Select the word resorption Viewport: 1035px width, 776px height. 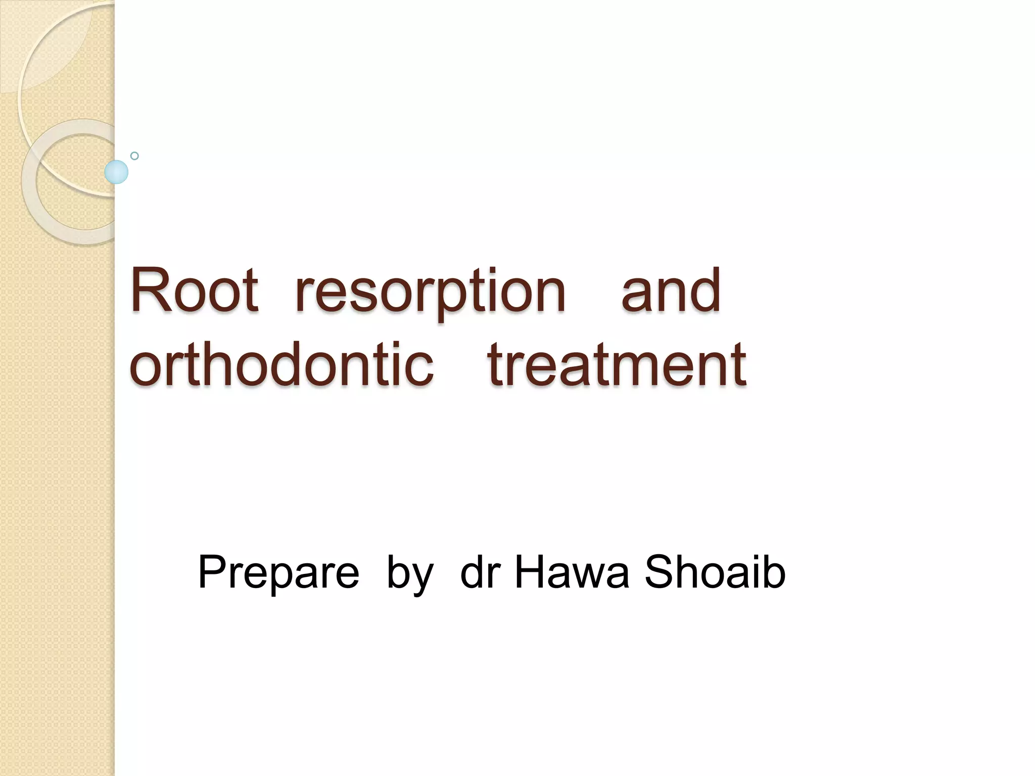[x=430, y=293]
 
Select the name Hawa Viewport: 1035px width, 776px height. [x=572, y=572]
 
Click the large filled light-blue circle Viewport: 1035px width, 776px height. [x=116, y=172]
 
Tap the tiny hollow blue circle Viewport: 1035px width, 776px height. [x=134, y=156]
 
